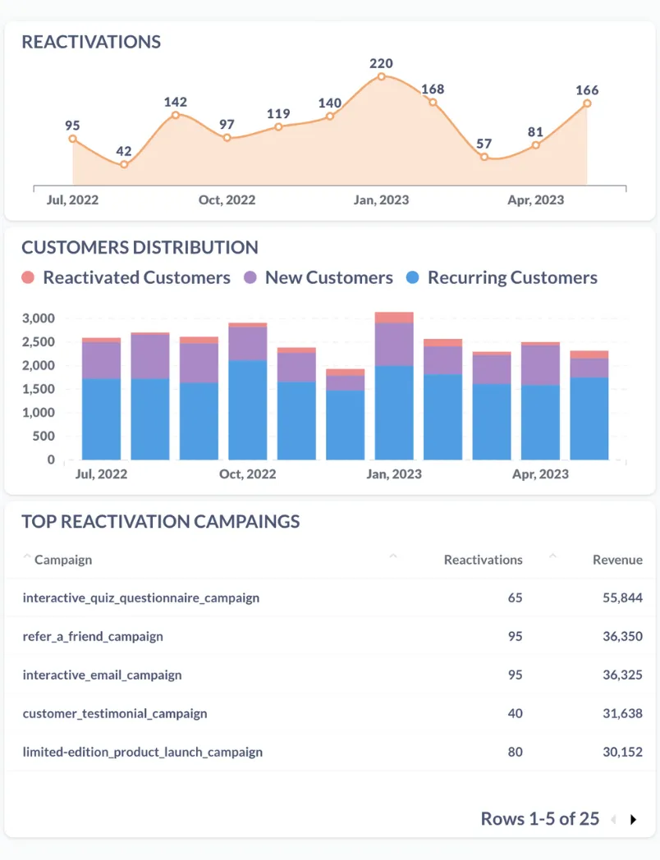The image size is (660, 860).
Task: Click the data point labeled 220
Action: point(382,76)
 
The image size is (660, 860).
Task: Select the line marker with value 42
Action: point(124,164)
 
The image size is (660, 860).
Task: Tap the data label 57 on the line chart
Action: point(484,144)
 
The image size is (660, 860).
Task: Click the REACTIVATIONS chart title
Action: point(91,42)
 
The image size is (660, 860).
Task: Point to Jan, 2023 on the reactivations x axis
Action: point(381,200)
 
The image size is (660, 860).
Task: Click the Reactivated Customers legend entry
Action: point(126,277)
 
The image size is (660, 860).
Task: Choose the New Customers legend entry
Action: point(319,277)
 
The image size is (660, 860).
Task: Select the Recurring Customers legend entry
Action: point(502,277)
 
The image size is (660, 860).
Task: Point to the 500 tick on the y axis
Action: point(44,437)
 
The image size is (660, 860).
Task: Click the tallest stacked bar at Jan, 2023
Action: point(394,386)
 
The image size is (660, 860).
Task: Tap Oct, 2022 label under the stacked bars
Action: point(248,474)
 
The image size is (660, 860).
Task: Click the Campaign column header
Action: point(63,560)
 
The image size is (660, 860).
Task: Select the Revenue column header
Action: point(617,560)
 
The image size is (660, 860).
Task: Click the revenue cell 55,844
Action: point(622,597)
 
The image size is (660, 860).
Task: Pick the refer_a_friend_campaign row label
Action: point(93,636)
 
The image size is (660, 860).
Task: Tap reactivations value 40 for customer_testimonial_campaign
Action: point(515,713)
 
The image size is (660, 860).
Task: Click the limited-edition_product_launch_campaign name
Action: point(143,752)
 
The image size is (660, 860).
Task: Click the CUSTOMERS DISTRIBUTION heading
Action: point(140,247)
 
